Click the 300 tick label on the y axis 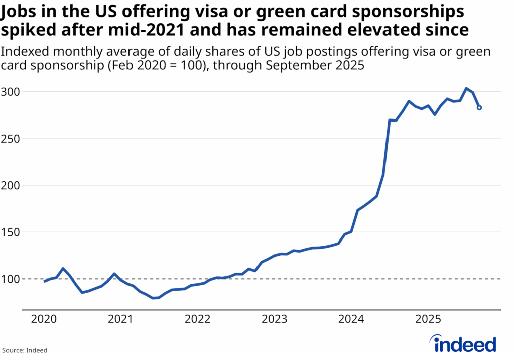coord(10,92)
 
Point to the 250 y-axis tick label coord(10,139)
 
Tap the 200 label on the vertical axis coord(10,185)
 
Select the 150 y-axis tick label coord(10,232)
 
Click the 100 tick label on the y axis coord(10,279)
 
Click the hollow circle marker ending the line coord(479,107)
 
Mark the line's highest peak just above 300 coord(466,88)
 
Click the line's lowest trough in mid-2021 coord(153,298)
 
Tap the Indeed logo coord(465,344)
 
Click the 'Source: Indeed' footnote coord(26,350)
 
